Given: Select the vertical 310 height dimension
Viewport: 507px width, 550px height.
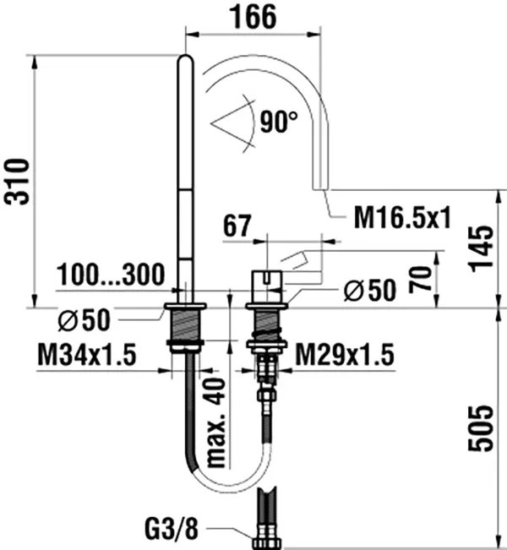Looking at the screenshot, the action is click(16, 182).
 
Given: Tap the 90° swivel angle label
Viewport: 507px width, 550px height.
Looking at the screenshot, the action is click(279, 122).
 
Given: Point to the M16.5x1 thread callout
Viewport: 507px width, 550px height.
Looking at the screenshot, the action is click(402, 217).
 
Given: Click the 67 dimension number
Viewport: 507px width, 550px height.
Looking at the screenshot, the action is click(237, 226).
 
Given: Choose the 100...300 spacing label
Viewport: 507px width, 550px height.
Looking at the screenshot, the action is click(111, 275).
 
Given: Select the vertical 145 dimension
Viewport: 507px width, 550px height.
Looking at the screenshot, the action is click(481, 248).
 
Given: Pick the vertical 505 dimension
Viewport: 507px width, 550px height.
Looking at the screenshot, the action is click(481, 428).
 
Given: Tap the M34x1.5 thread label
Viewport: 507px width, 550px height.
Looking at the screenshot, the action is click(87, 355).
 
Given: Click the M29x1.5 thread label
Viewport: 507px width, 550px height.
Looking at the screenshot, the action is click(345, 355).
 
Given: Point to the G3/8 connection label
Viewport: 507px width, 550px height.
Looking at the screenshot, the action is click(172, 529).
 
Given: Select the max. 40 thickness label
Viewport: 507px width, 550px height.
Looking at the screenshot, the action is click(215, 422).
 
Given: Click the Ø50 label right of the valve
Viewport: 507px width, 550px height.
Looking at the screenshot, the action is click(370, 290).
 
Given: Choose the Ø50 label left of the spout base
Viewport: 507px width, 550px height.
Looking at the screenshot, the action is click(84, 320).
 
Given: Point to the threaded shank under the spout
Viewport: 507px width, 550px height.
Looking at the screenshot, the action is click(185, 324).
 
